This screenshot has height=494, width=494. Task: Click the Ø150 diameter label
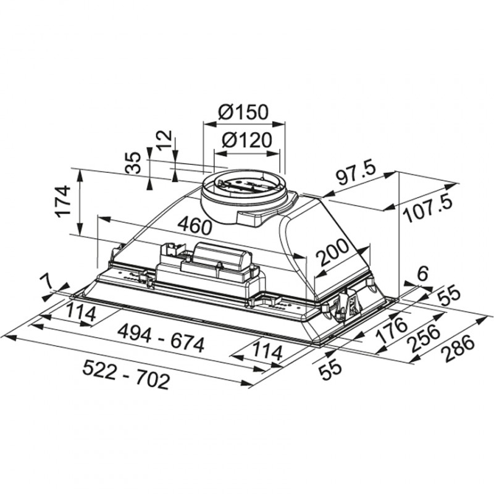pos(243,112)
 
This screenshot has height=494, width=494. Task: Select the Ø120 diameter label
pos(246,141)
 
